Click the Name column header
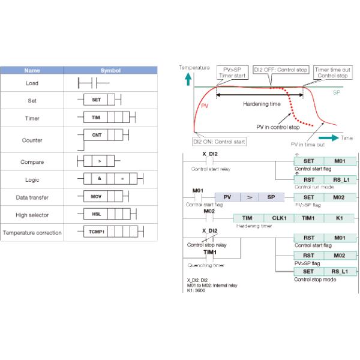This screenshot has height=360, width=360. click(x=32, y=70)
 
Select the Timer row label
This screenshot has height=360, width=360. click(x=32, y=118)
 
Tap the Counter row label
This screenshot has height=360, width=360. click(x=32, y=140)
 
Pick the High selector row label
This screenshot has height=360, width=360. click(x=32, y=214)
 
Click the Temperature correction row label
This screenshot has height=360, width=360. click(x=32, y=232)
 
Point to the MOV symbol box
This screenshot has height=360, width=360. click(x=96, y=196)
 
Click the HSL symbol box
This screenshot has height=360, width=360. click(x=96, y=214)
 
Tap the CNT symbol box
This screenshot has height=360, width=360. click(x=96, y=135)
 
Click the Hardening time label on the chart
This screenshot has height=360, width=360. click(x=261, y=103)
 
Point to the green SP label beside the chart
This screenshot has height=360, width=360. click(x=336, y=93)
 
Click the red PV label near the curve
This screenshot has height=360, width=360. click(x=205, y=106)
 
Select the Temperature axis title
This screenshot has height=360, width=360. click(x=194, y=68)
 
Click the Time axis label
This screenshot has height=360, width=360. click(x=347, y=137)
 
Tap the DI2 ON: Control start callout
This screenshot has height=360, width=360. click(x=218, y=142)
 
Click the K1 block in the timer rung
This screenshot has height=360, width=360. click(x=340, y=218)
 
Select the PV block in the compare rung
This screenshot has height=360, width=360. click(x=227, y=197)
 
